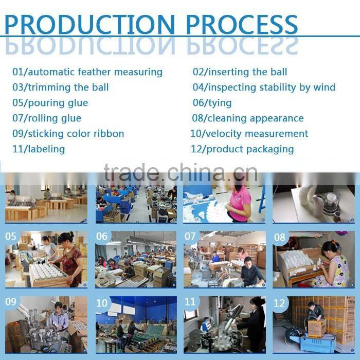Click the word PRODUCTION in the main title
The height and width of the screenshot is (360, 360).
click(x=90, y=24)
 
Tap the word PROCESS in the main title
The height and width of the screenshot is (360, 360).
click(x=242, y=24)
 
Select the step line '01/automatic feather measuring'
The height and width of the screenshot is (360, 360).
click(x=87, y=72)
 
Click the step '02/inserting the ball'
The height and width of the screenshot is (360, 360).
click(x=240, y=72)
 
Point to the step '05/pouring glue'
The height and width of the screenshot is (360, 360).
click(x=50, y=103)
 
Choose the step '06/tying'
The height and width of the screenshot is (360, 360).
click(x=212, y=103)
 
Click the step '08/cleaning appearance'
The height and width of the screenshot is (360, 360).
click(x=248, y=118)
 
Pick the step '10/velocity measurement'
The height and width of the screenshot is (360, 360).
click(x=249, y=134)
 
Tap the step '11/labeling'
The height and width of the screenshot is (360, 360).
click(x=39, y=149)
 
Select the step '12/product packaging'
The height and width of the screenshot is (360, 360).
click(x=242, y=149)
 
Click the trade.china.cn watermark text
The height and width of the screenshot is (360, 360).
click(x=181, y=172)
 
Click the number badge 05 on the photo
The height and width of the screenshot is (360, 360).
click(x=11, y=236)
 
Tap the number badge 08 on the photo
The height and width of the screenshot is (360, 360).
click(x=280, y=237)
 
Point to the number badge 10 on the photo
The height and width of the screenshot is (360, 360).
click(x=102, y=303)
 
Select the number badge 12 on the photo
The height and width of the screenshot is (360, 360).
click(x=279, y=303)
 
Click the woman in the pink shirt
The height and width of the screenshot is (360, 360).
click(x=239, y=203)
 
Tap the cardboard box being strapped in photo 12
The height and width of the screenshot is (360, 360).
click(x=317, y=328)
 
